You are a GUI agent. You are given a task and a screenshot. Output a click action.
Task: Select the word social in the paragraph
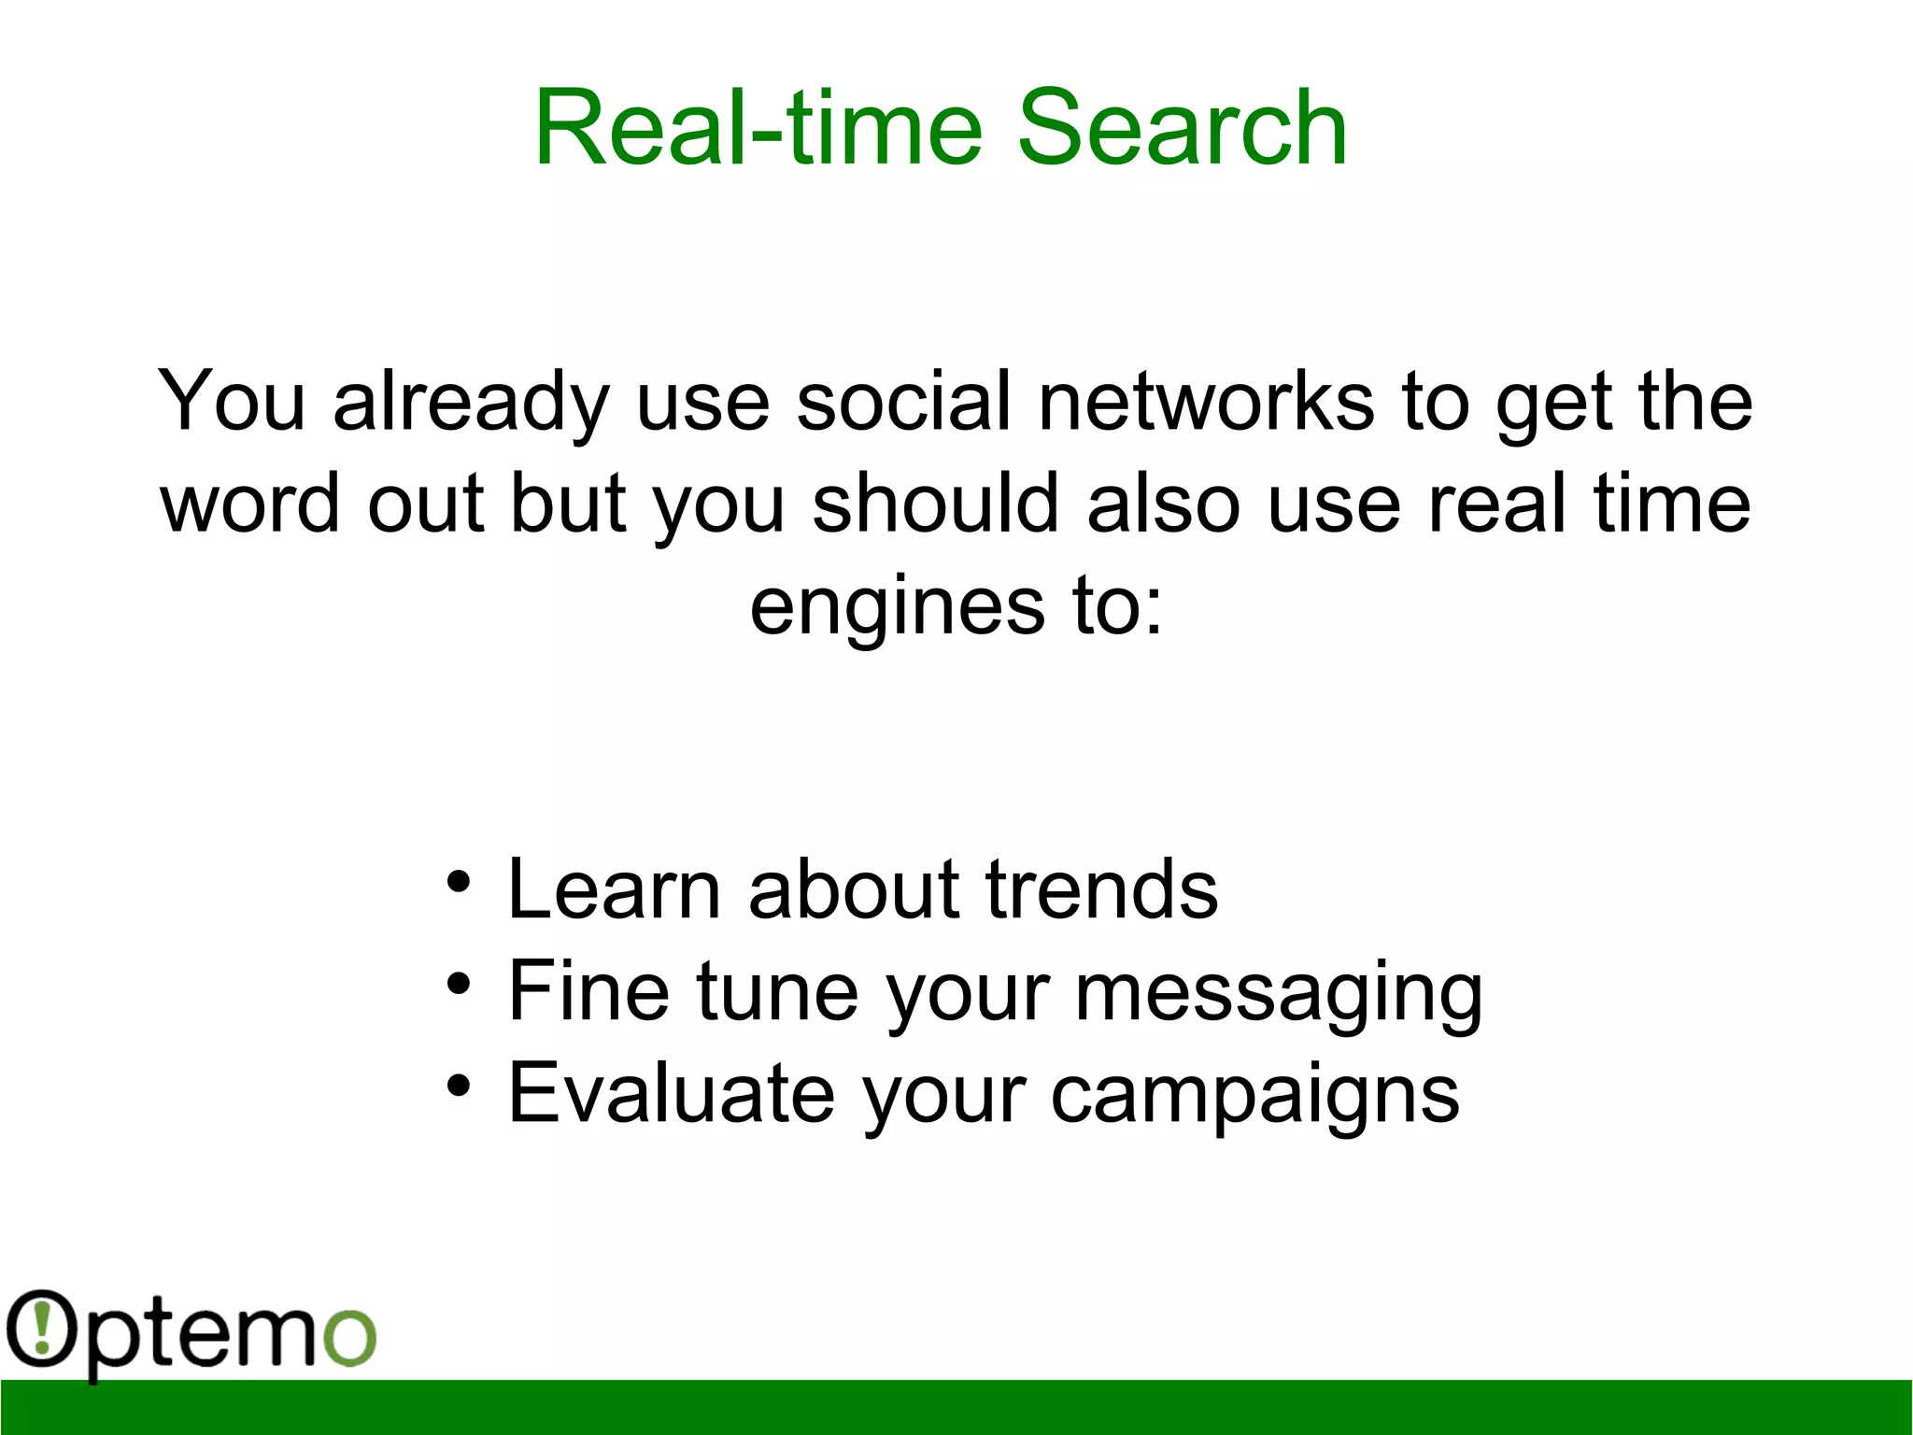point(903,401)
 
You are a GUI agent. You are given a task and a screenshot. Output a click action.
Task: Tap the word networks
point(1206,401)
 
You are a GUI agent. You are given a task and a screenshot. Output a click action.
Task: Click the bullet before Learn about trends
point(458,882)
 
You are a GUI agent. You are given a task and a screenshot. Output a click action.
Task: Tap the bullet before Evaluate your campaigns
point(458,1086)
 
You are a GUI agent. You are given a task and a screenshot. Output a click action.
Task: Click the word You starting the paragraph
point(232,401)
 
